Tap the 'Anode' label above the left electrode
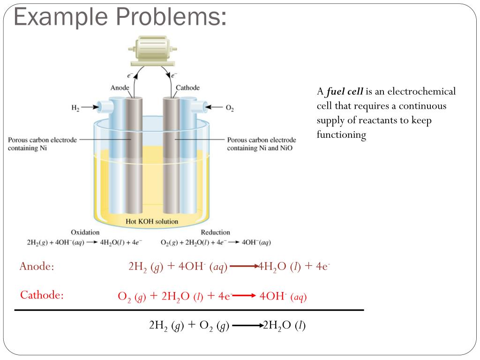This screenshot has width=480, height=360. pos(120,88)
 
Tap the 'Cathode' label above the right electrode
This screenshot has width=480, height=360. pos(187,88)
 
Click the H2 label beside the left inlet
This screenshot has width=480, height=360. pos(75,108)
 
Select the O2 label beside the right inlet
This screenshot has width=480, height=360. pos(230,108)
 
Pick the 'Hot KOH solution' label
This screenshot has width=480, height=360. pos(152,221)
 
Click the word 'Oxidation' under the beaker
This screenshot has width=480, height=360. pos(85,232)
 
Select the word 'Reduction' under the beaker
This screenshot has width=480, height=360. pos(215,232)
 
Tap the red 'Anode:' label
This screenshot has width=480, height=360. pos(37,267)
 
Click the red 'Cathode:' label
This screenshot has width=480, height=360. pos(42,295)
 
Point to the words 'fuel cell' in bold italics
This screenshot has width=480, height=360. pos(345,91)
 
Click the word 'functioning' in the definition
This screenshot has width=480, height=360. pos(341,135)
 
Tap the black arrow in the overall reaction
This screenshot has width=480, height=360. pos(247,325)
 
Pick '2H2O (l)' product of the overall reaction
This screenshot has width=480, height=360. pos(285,325)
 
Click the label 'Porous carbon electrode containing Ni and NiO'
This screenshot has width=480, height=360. pos(262,144)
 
